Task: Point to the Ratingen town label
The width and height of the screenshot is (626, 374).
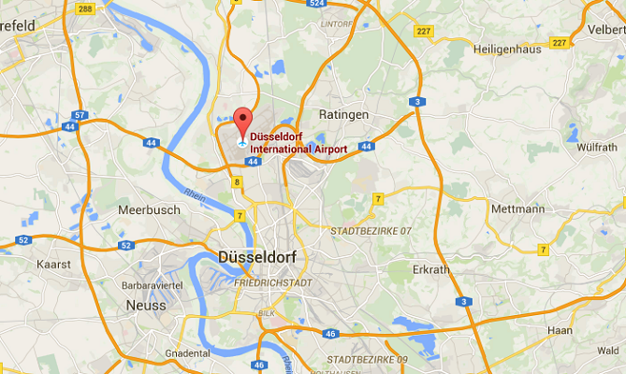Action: pos(345,115)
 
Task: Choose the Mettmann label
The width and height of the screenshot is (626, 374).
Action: pos(517,209)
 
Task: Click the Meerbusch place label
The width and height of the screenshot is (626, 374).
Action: pos(149,210)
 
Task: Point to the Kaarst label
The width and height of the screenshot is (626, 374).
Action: pos(53,265)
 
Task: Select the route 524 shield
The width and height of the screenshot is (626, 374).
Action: pos(315,4)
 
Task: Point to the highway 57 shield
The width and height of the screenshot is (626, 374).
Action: pos(80,116)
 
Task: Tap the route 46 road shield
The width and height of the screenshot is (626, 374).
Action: pos(260,366)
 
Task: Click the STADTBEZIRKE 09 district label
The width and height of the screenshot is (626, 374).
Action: pos(367,360)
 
